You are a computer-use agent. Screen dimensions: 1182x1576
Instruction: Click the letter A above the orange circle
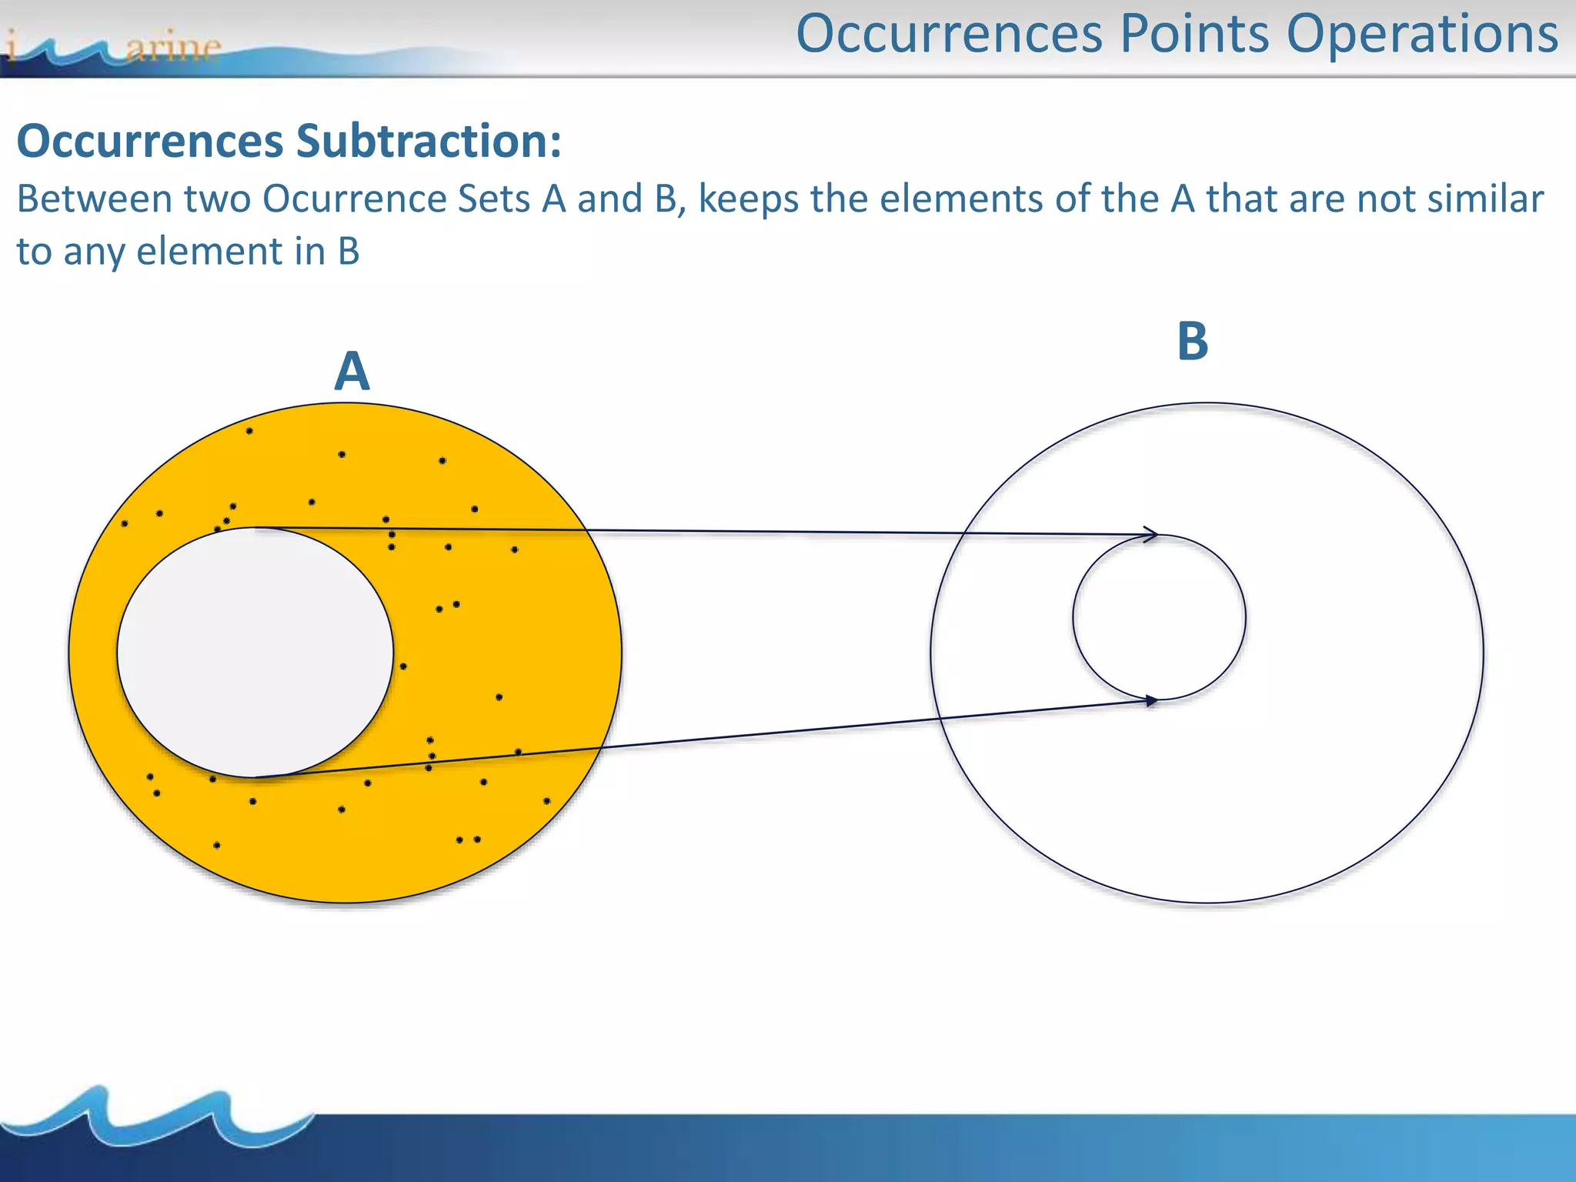point(352,372)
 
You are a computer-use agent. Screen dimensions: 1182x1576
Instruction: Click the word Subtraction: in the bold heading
point(429,142)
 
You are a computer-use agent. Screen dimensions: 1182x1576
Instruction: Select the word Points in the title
point(1194,34)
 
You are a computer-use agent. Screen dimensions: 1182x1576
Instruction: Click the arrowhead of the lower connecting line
point(1151,700)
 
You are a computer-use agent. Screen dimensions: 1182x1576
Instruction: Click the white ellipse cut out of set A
point(255,653)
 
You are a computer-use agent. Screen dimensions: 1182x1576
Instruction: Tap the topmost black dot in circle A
point(249,431)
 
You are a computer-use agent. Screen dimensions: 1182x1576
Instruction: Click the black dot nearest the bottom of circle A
point(217,845)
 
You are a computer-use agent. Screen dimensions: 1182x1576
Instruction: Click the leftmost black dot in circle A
point(125,524)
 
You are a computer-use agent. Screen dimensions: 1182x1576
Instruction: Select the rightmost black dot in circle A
point(547,801)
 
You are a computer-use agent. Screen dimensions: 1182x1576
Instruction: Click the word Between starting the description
point(94,199)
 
